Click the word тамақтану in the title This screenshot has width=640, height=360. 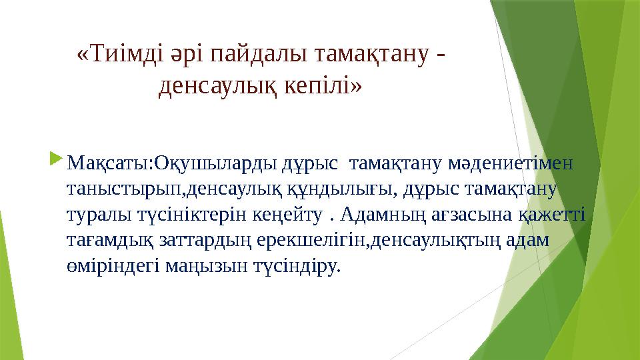[360, 53]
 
